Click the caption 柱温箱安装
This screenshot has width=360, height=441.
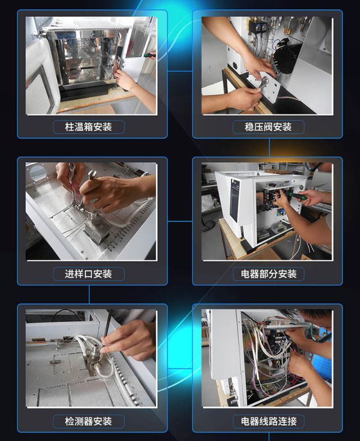(x=88, y=127)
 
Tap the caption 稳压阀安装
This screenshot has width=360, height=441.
(x=268, y=127)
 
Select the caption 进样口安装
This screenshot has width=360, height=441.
(x=88, y=274)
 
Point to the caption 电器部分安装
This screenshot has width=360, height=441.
(x=268, y=274)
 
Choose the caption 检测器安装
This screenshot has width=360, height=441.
(x=88, y=421)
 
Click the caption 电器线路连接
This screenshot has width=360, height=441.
(x=268, y=421)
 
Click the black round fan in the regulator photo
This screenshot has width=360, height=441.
(x=286, y=58)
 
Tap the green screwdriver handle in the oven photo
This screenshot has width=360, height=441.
(x=150, y=55)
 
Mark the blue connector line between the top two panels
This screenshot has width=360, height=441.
(x=180, y=71)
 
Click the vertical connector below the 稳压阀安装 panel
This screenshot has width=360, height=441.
(x=269, y=148)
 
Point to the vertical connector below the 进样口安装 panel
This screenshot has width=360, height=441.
(x=89, y=295)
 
